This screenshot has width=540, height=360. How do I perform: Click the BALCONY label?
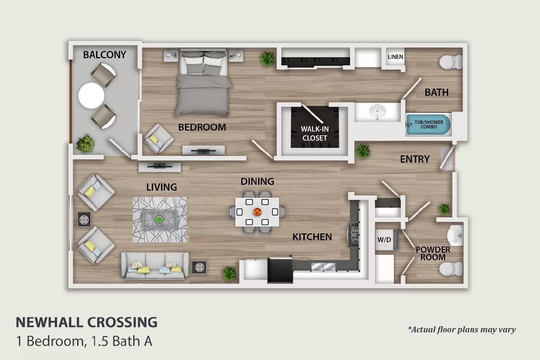104,55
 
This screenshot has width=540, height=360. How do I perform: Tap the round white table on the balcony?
91,95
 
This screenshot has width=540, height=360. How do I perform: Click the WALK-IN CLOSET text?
315,134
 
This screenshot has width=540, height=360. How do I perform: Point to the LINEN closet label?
395,57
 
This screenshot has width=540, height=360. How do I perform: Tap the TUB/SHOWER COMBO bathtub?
428,124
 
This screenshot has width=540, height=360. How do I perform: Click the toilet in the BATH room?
450,62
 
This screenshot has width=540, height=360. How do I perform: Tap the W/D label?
384,240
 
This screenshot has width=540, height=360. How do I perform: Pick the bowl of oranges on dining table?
257,212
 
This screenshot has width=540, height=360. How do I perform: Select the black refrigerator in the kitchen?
280,270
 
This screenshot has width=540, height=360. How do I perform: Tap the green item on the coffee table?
159,220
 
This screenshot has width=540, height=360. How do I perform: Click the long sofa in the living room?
155,266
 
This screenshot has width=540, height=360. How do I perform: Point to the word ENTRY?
415,159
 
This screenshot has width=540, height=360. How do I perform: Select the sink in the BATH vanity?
377,111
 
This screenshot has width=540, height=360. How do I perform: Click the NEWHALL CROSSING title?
86,323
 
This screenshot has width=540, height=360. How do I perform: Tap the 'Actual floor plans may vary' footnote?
462,330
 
